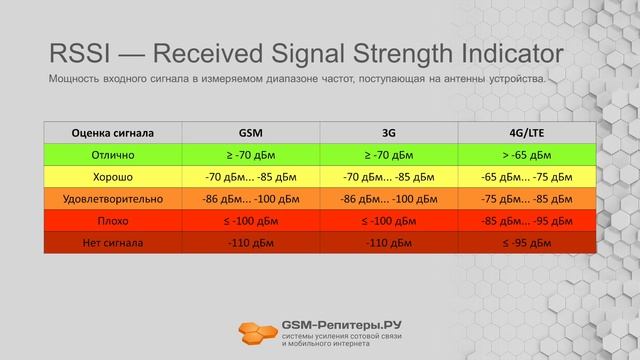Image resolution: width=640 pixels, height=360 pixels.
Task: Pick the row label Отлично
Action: click(x=113, y=154)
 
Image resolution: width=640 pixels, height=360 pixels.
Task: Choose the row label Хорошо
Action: click(x=113, y=176)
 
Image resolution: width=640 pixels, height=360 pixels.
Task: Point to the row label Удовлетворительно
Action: click(x=113, y=198)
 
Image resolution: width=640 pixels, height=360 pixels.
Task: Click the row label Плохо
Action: click(x=113, y=220)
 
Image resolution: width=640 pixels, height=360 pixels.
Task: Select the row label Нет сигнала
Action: click(x=113, y=242)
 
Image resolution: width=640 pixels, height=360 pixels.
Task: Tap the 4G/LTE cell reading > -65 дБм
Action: click(x=527, y=154)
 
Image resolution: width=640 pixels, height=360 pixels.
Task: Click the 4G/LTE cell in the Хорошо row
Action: click(x=527, y=176)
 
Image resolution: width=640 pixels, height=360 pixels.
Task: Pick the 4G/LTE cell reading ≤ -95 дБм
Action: click(x=527, y=242)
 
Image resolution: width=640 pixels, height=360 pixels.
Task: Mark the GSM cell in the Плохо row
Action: click(x=251, y=220)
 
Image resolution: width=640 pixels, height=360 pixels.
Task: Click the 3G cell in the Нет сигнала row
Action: click(x=389, y=242)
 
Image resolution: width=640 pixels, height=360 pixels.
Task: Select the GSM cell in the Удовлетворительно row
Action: click(x=251, y=198)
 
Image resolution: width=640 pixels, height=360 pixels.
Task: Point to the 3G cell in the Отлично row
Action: click(x=389, y=154)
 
